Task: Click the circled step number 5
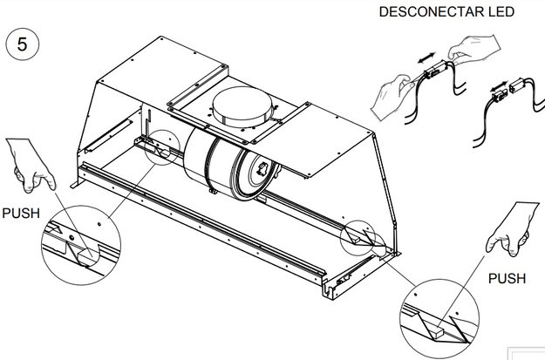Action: tap(23, 44)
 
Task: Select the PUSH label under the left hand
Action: tap(21, 213)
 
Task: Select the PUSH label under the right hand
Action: tap(507, 278)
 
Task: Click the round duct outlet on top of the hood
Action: tap(242, 106)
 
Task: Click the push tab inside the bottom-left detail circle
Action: tap(85, 257)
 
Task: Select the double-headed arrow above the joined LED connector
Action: tap(426, 58)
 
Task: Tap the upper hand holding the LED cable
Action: tap(474, 48)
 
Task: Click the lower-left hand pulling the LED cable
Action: tap(391, 98)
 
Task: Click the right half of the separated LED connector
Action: tap(517, 85)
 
